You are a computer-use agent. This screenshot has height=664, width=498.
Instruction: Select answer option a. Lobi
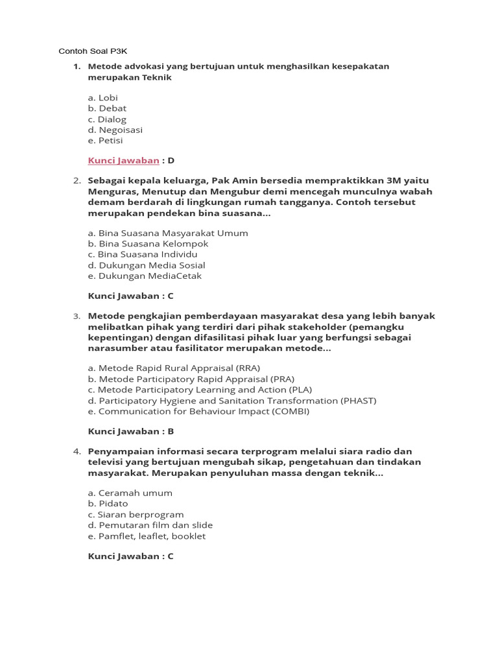103,98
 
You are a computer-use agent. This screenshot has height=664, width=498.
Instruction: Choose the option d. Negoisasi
115,130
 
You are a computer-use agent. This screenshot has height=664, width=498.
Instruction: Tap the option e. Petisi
105,140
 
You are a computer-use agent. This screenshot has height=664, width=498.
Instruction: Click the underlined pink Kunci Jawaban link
123,160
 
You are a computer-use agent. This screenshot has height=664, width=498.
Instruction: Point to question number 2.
77,180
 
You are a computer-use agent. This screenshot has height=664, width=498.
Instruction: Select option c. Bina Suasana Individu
143,254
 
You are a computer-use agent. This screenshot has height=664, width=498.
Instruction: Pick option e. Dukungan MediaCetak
145,276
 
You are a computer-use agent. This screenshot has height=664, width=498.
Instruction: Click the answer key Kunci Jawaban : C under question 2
130,296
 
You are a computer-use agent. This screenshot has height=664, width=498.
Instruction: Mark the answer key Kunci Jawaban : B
130,431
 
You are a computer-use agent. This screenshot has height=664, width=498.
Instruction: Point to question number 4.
77,451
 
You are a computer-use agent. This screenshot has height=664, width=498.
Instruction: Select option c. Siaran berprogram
136,514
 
